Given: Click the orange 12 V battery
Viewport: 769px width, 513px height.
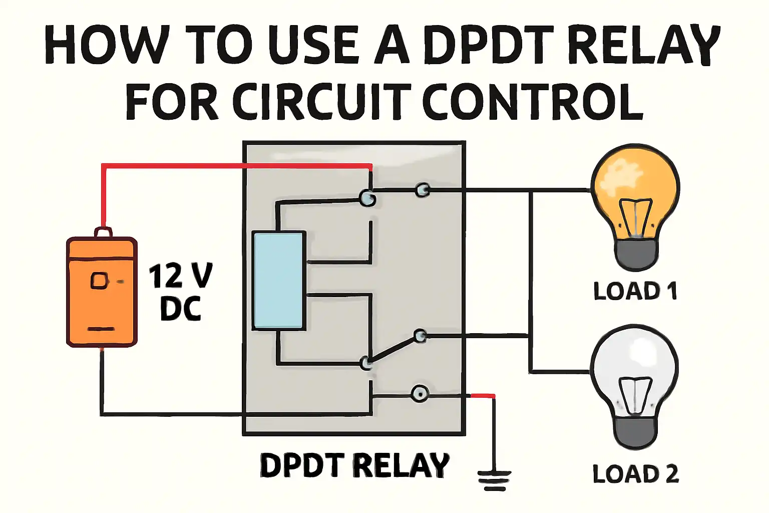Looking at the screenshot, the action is coord(102,288).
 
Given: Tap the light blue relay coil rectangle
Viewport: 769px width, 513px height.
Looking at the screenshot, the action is coord(279,281).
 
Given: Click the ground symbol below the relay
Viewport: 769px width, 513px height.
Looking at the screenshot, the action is coord(494,481).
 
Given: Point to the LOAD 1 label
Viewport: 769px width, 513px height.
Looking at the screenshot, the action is coord(635,291).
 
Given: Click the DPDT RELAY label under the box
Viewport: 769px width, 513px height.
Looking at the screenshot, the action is coord(354,465).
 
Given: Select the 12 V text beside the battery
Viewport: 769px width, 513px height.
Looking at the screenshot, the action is coord(181,276).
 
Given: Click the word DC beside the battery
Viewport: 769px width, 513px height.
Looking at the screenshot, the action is coord(181,309).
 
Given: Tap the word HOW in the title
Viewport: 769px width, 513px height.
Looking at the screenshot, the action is coord(105,45).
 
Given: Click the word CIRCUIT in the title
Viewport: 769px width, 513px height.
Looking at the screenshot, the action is coord(321,101).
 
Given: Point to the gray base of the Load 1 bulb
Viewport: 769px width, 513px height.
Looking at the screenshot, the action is coord(636,255).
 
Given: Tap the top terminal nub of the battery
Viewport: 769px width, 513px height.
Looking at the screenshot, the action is coord(103,232).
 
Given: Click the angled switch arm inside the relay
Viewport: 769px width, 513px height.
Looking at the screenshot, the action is coord(394,350).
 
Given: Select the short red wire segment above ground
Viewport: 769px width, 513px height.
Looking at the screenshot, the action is coord(482,396).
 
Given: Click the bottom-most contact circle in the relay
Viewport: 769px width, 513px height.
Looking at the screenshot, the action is coord(420,394).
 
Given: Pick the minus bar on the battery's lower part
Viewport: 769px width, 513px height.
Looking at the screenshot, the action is coord(101,329).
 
